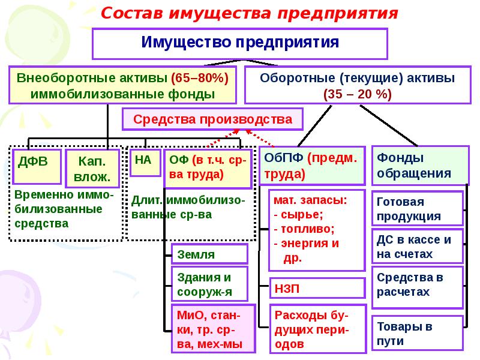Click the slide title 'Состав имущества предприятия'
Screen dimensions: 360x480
pos(249,13)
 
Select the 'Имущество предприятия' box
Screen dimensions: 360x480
pos(240,43)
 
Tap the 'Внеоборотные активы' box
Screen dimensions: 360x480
pos(122,86)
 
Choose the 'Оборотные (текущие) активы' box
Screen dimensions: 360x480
pos(356,86)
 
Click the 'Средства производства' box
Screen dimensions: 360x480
pos(212,119)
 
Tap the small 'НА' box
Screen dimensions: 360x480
pos(144,161)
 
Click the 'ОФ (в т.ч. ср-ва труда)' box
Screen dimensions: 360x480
pos(207,166)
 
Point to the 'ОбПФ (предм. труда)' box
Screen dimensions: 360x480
pos(312,165)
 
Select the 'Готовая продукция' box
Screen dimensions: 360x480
pos(418,209)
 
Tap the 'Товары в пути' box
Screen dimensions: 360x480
pos(418,333)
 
